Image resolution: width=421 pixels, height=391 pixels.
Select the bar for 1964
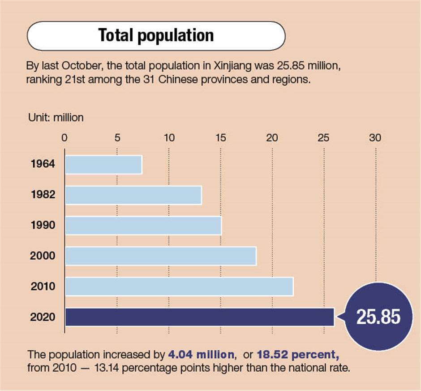[103, 165]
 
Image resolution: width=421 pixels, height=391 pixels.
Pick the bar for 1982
[133, 195]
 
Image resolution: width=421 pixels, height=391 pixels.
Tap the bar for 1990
[143, 226]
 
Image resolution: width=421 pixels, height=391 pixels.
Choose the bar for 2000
[160, 256]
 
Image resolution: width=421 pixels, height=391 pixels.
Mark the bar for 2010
[179, 287]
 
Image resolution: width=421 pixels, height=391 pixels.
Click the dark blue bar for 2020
[199, 317]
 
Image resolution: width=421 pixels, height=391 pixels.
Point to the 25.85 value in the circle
[378, 317]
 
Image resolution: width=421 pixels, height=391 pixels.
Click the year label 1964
[43, 164]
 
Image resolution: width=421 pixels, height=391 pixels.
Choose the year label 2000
[43, 256]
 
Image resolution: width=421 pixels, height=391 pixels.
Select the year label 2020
[43, 317]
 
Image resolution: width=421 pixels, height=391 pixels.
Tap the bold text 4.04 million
[201, 355]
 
